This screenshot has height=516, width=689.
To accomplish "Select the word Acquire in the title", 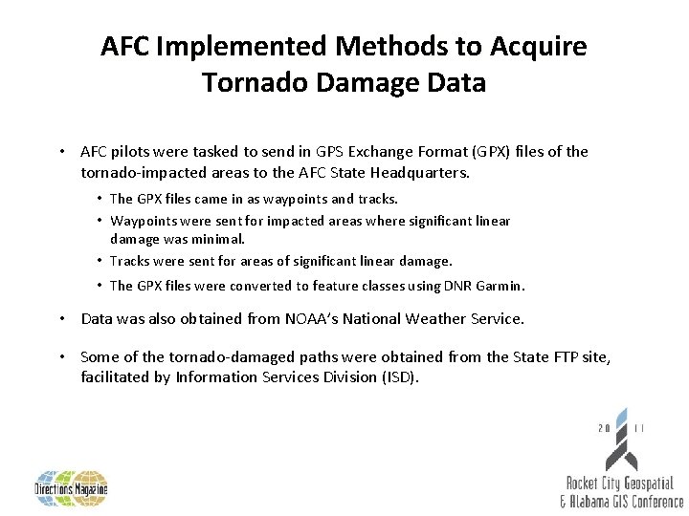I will pyautogui.click(x=543, y=46).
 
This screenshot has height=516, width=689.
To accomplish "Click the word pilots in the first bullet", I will pyautogui.click(x=133, y=151).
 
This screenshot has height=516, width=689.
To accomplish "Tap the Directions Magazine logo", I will pyautogui.click(x=71, y=488).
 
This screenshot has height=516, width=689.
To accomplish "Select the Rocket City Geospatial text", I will pyautogui.click(x=620, y=484).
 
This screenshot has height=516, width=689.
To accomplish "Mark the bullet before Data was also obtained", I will pyautogui.click(x=61, y=318).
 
